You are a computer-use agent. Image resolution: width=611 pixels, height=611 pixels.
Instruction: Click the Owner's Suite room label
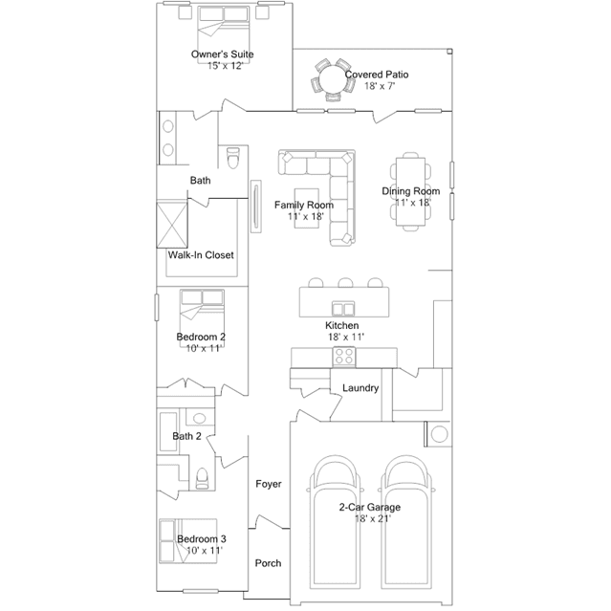(222, 55)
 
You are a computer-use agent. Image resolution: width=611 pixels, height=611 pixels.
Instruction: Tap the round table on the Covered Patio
(333, 79)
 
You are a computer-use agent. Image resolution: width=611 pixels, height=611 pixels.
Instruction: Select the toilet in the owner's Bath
(233, 158)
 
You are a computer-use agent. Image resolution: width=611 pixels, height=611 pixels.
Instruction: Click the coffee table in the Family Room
(306, 208)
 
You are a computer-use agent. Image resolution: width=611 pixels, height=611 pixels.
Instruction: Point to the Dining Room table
(410, 192)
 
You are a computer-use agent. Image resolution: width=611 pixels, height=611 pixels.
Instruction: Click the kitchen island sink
(343, 309)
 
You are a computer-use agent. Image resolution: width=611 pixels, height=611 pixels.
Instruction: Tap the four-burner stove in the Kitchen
(344, 357)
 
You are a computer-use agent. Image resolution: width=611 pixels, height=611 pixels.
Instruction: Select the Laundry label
(360, 388)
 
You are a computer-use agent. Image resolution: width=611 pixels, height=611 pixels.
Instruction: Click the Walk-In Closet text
(201, 255)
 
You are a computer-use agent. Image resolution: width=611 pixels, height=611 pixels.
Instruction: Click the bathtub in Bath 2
(168, 431)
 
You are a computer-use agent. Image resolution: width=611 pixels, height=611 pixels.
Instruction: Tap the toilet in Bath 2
(202, 478)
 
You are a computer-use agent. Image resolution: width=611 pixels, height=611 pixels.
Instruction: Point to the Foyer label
(269, 484)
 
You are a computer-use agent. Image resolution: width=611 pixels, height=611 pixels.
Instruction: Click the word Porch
(268, 563)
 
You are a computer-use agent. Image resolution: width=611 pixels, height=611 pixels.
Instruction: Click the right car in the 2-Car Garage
(407, 522)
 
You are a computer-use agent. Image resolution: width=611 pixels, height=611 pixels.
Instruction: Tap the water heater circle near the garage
(440, 434)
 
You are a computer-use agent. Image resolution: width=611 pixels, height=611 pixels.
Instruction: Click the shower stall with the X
(172, 225)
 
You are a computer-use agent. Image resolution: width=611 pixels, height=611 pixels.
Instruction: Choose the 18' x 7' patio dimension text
(380, 86)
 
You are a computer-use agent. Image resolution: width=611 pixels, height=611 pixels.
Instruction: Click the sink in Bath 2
(200, 419)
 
